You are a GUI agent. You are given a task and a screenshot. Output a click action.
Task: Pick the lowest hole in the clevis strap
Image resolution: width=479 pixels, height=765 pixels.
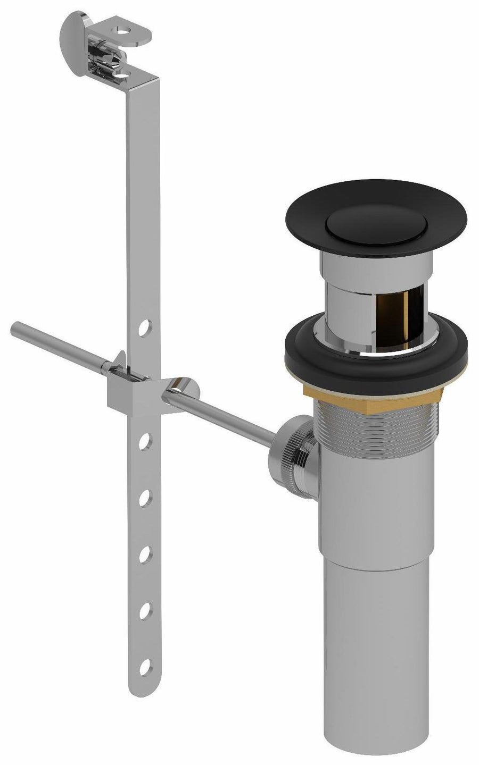click(144, 665)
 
